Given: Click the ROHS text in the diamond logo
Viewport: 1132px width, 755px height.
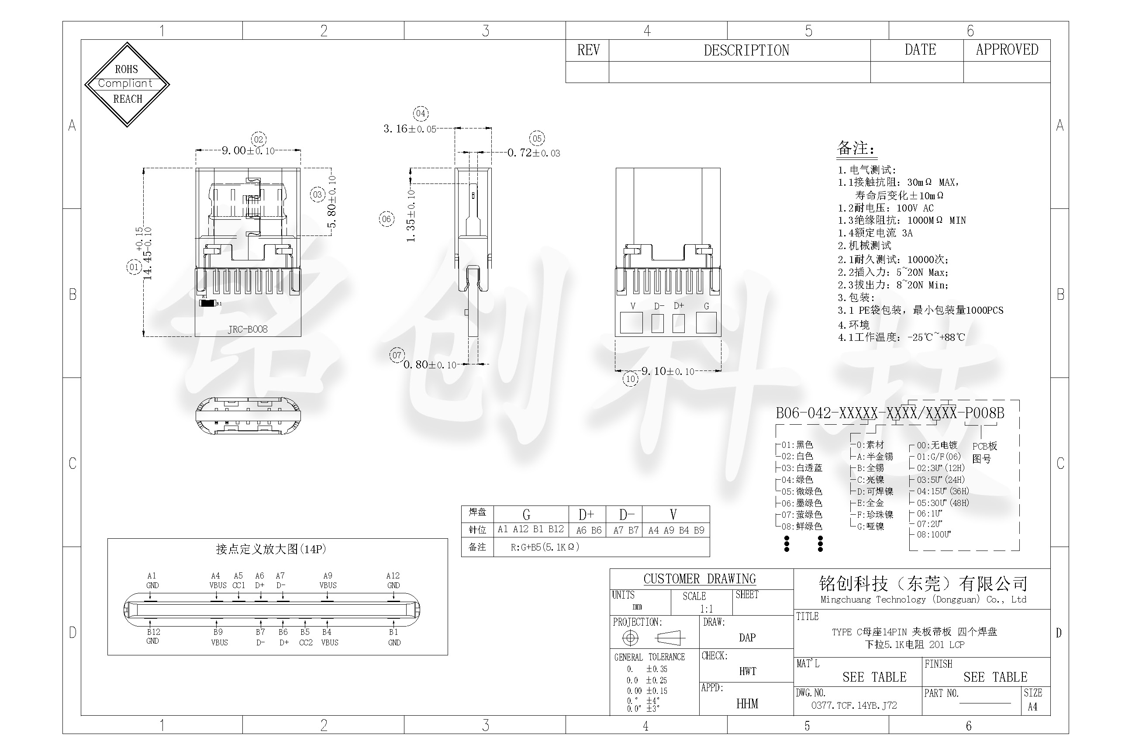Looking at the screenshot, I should pos(126,69).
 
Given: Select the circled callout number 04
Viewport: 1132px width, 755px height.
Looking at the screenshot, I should pos(421,114).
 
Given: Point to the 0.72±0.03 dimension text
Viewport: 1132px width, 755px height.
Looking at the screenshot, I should pos(533,153).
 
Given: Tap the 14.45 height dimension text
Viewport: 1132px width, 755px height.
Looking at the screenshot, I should pos(147,254).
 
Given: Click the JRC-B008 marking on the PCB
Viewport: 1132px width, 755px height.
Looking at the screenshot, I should pos(247,329).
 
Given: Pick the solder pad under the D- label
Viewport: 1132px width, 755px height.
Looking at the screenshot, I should pos(657,323).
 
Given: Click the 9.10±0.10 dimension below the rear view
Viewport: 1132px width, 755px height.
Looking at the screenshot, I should pos(668,371).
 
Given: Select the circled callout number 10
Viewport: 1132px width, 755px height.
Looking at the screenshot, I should pos(631,379).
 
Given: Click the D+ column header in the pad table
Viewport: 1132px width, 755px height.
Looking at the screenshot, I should pos(586,515).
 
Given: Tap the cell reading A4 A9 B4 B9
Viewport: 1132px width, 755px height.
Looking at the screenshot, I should pos(676,530).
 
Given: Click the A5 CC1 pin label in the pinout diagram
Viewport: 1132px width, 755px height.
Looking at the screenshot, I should pos(238,580).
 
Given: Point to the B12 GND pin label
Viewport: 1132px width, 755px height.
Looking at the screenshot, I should pos(153,636).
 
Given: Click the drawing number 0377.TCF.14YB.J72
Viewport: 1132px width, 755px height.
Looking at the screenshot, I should pos(854,705).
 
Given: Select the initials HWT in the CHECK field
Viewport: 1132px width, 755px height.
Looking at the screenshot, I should pos(747,671).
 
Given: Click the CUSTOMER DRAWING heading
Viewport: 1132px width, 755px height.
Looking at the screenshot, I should pos(699,579).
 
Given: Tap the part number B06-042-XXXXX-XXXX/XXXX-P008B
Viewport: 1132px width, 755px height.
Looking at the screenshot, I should pos(890,413).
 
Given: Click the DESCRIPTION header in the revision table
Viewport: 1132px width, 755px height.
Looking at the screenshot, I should pos(746,51).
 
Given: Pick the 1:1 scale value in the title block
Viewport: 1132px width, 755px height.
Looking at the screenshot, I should pos(706,609).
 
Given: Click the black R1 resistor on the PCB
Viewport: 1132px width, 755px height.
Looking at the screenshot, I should pos(207,303).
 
